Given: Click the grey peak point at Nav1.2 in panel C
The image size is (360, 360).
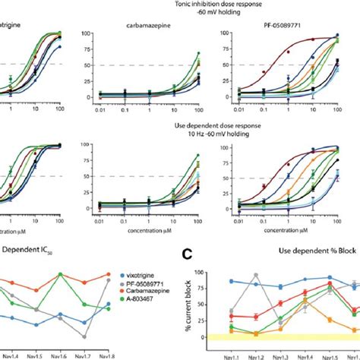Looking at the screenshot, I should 256,275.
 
